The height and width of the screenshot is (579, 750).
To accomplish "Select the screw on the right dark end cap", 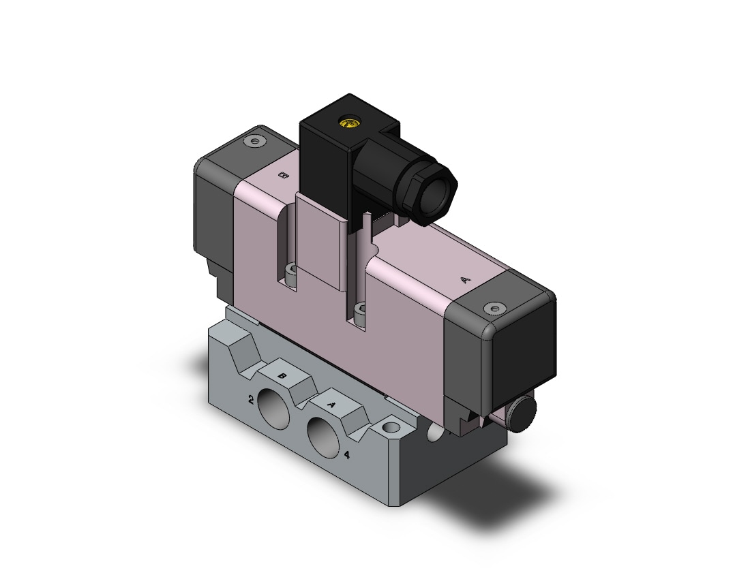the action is [x=494, y=309].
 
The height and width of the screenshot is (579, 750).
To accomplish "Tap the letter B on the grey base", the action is [x=282, y=376].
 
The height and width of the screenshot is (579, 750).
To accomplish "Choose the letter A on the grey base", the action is [x=330, y=405].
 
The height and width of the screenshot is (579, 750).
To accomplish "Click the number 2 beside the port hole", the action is [x=251, y=401].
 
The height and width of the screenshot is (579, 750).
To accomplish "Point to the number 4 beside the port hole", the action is [x=347, y=455].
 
